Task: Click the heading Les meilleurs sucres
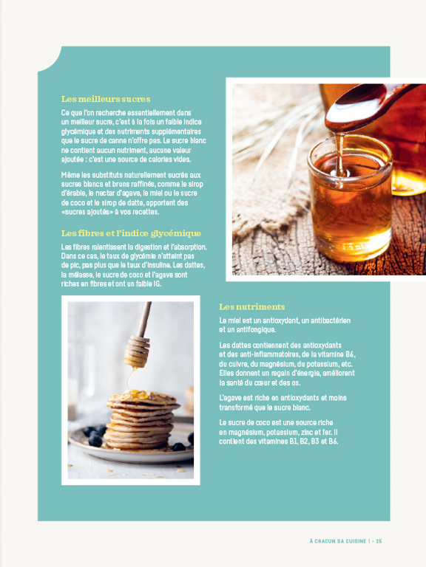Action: pos(106,99)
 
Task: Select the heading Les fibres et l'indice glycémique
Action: pos(131,233)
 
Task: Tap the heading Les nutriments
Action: pos(251,306)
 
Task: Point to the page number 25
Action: pos(378,541)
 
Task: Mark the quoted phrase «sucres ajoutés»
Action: pos(89,211)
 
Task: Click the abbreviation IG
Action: pos(155,283)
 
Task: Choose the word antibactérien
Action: pos(326,320)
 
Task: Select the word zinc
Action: pos(300,432)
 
